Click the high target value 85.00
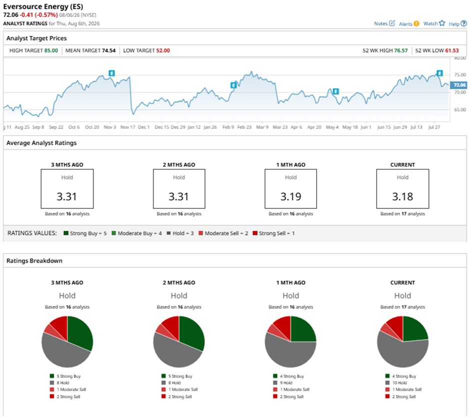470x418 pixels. tap(51, 51)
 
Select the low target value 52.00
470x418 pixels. tap(163, 51)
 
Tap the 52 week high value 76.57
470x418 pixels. tap(401, 51)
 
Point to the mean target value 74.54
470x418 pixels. tap(108, 51)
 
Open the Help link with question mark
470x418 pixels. tap(457, 24)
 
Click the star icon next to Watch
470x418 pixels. tap(442, 23)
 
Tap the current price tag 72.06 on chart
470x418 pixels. tap(458, 85)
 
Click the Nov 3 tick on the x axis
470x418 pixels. tap(109, 127)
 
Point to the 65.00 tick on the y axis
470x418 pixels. tap(460, 110)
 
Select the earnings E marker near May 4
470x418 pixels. tap(335, 91)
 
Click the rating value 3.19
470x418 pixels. tap(291, 197)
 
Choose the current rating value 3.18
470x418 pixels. tap(402, 197)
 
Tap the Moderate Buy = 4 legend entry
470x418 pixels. tap(136, 233)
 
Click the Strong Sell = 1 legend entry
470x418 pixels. tap(273, 233)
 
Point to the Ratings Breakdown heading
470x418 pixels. tap(34, 261)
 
